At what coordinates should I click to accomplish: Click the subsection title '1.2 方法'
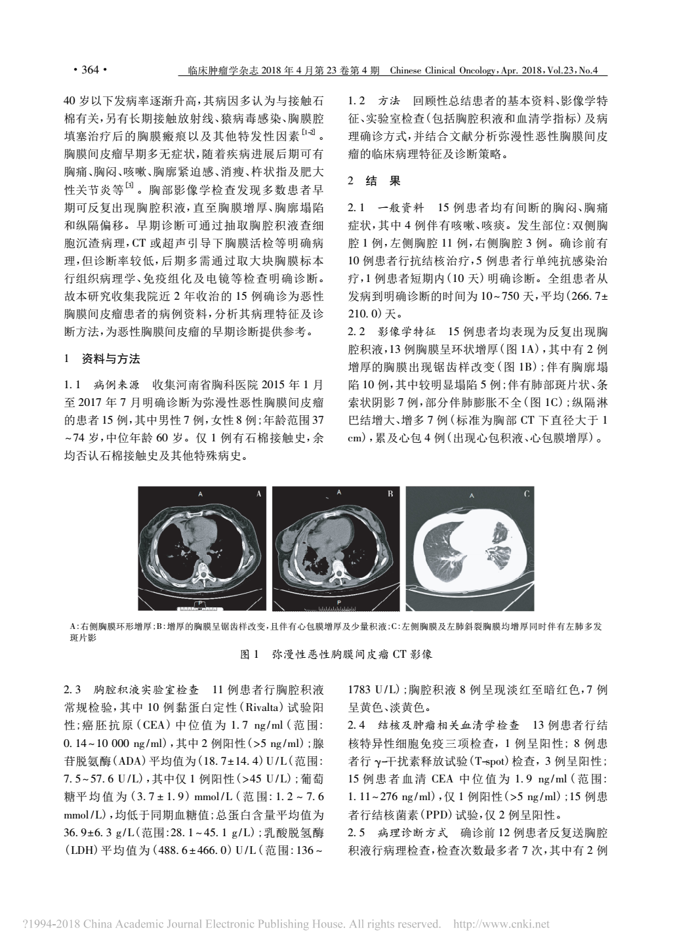pyautogui.click(x=375, y=102)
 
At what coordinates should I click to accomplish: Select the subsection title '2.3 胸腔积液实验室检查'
pyautogui.click(x=131, y=691)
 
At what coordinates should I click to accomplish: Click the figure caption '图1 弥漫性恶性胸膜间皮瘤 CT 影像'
pyautogui.click(x=336, y=655)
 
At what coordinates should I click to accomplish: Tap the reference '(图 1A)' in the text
pyautogui.click(x=518, y=348)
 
